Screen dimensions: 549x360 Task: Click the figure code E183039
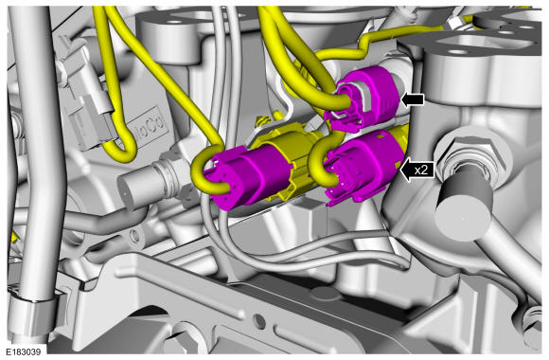click(23, 351)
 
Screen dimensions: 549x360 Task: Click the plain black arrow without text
click(413, 99)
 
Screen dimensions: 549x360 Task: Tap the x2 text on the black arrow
click(421, 171)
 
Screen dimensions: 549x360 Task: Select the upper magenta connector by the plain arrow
click(364, 99)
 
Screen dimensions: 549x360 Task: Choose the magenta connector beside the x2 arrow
click(364, 166)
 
